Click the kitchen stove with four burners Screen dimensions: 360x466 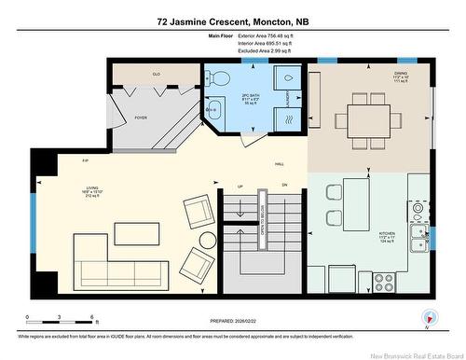coord(383,278)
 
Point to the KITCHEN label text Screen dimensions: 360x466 coord(387,234)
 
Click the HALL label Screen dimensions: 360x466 coord(279,164)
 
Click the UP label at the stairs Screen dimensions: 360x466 coord(240,187)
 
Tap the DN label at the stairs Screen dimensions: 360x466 coord(284,187)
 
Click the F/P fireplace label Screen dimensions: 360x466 coord(85,161)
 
